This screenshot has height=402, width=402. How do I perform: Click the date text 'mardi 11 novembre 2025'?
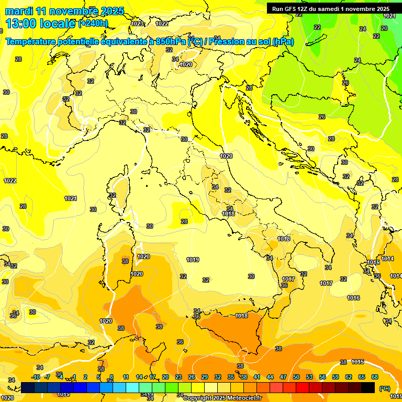point(64,11)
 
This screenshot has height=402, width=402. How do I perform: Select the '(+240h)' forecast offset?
point(93,24)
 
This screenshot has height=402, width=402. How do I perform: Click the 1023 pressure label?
point(137,24)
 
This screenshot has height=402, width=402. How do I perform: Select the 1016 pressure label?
point(353,298)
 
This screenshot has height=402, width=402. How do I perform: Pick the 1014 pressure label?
point(387,259)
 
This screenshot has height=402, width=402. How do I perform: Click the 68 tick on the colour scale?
point(375,377)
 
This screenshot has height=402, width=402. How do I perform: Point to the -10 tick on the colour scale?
point(36,377)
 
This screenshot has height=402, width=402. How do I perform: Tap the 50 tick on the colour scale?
point(296,377)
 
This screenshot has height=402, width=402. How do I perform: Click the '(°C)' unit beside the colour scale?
point(385,388)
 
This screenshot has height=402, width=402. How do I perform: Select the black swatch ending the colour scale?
point(368,387)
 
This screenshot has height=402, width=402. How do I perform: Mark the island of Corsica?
point(120,186)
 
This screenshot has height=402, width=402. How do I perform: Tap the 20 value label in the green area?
point(384,28)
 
